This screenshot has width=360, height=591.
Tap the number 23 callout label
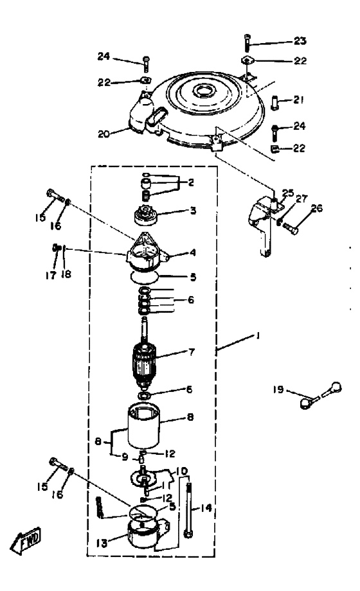coord(300,40)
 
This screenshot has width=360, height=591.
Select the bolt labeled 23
coord(247,42)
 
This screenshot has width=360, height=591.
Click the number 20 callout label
coord(104,134)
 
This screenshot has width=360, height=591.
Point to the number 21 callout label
coord(299,100)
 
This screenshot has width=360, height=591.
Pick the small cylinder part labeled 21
coord(276,103)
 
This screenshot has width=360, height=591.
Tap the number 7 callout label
coord(192,352)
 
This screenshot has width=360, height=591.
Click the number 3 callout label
coord(193,210)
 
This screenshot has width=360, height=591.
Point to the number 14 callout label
coord(206,508)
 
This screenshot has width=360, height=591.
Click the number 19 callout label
coord(278,389)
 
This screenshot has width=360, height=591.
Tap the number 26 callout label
coord(316,207)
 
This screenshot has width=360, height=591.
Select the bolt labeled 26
coord(290,227)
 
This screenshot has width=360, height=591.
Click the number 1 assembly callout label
coord(258,335)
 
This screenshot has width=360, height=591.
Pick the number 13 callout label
coord(102,543)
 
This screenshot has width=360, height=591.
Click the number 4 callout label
coord(193,252)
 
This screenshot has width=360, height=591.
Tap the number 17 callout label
coord(51,275)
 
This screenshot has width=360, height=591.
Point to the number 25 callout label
coord(288,193)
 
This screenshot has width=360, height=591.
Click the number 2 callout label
coord(191,183)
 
